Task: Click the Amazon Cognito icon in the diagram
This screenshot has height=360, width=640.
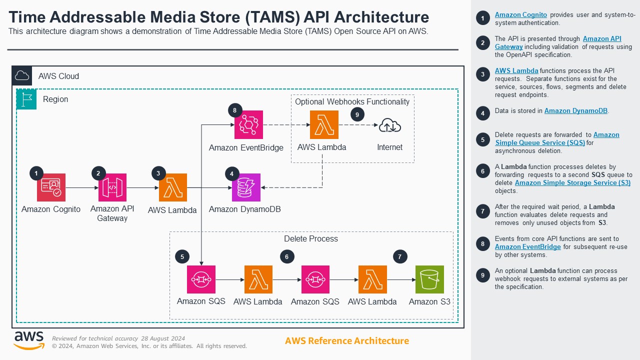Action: (x=51, y=187)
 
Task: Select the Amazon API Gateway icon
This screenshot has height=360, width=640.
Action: (x=112, y=187)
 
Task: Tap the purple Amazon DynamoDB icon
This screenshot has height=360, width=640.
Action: (x=246, y=187)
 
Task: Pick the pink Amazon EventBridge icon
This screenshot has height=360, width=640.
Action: (x=248, y=124)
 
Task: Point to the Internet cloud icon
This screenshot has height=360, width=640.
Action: (x=389, y=125)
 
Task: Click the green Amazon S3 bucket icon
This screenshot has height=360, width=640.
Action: (x=429, y=279)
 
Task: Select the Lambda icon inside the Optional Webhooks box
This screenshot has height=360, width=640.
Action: (x=324, y=124)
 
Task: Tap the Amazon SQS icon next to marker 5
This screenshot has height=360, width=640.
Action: (x=201, y=279)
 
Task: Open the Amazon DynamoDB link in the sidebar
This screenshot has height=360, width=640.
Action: (x=576, y=111)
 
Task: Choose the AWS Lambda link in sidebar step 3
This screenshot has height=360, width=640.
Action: (x=516, y=71)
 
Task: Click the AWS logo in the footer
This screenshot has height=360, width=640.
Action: (x=28, y=340)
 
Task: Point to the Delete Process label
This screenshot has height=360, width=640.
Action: (x=310, y=239)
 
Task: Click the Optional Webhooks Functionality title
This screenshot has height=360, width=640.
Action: (x=352, y=102)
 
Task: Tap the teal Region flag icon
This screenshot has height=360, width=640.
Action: (x=26, y=99)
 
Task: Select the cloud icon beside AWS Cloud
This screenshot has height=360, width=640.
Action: (x=22, y=76)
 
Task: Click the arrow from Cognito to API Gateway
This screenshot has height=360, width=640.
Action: (x=81, y=187)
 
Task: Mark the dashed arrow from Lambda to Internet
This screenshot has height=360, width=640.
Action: (x=358, y=124)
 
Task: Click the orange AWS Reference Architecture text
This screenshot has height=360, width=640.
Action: (x=346, y=341)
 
